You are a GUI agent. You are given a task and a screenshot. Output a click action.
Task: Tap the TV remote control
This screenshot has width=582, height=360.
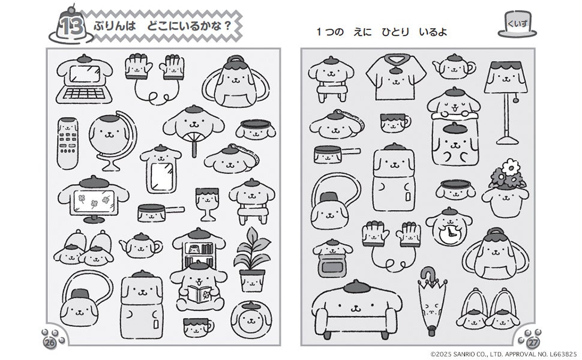pyautogui.click(x=68, y=143)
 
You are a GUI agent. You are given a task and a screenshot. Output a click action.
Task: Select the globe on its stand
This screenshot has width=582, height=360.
pyautogui.click(x=112, y=140)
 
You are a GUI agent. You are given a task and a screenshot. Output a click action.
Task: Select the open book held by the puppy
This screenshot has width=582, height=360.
pyautogui.click(x=199, y=295)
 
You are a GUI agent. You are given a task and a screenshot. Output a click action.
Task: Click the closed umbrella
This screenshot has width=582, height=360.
pyautogui.click(x=431, y=301)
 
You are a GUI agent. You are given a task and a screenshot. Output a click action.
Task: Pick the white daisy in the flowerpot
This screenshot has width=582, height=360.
pyautogui.click(x=511, y=168)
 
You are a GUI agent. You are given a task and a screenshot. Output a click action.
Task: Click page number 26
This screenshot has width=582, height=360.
pyautogui.click(x=50, y=342)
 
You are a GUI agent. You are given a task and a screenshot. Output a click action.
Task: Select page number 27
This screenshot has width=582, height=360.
pyautogui.click(x=533, y=342)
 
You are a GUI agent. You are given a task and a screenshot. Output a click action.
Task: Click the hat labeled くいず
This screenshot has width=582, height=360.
pyautogui.click(x=517, y=25)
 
